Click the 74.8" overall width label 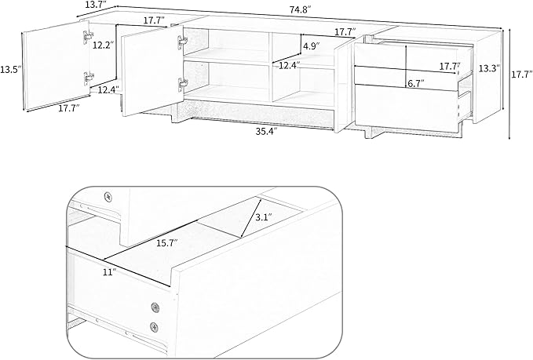pos(301,10)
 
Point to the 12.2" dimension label pos(103,45)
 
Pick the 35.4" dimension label pos(267,132)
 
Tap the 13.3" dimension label pos(489,68)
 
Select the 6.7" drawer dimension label pos(416,84)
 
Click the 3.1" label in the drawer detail pos(264,217)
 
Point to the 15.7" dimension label pos(167,243)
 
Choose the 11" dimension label pos(110,272)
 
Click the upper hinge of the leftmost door pos(88,35)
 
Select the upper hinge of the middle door pos(182,41)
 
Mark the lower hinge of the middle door pos(182,84)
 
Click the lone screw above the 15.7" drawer pos(108,197)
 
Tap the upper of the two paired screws pos(155,307)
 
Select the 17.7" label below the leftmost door pos(69,109)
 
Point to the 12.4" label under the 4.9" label pos(290,65)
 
